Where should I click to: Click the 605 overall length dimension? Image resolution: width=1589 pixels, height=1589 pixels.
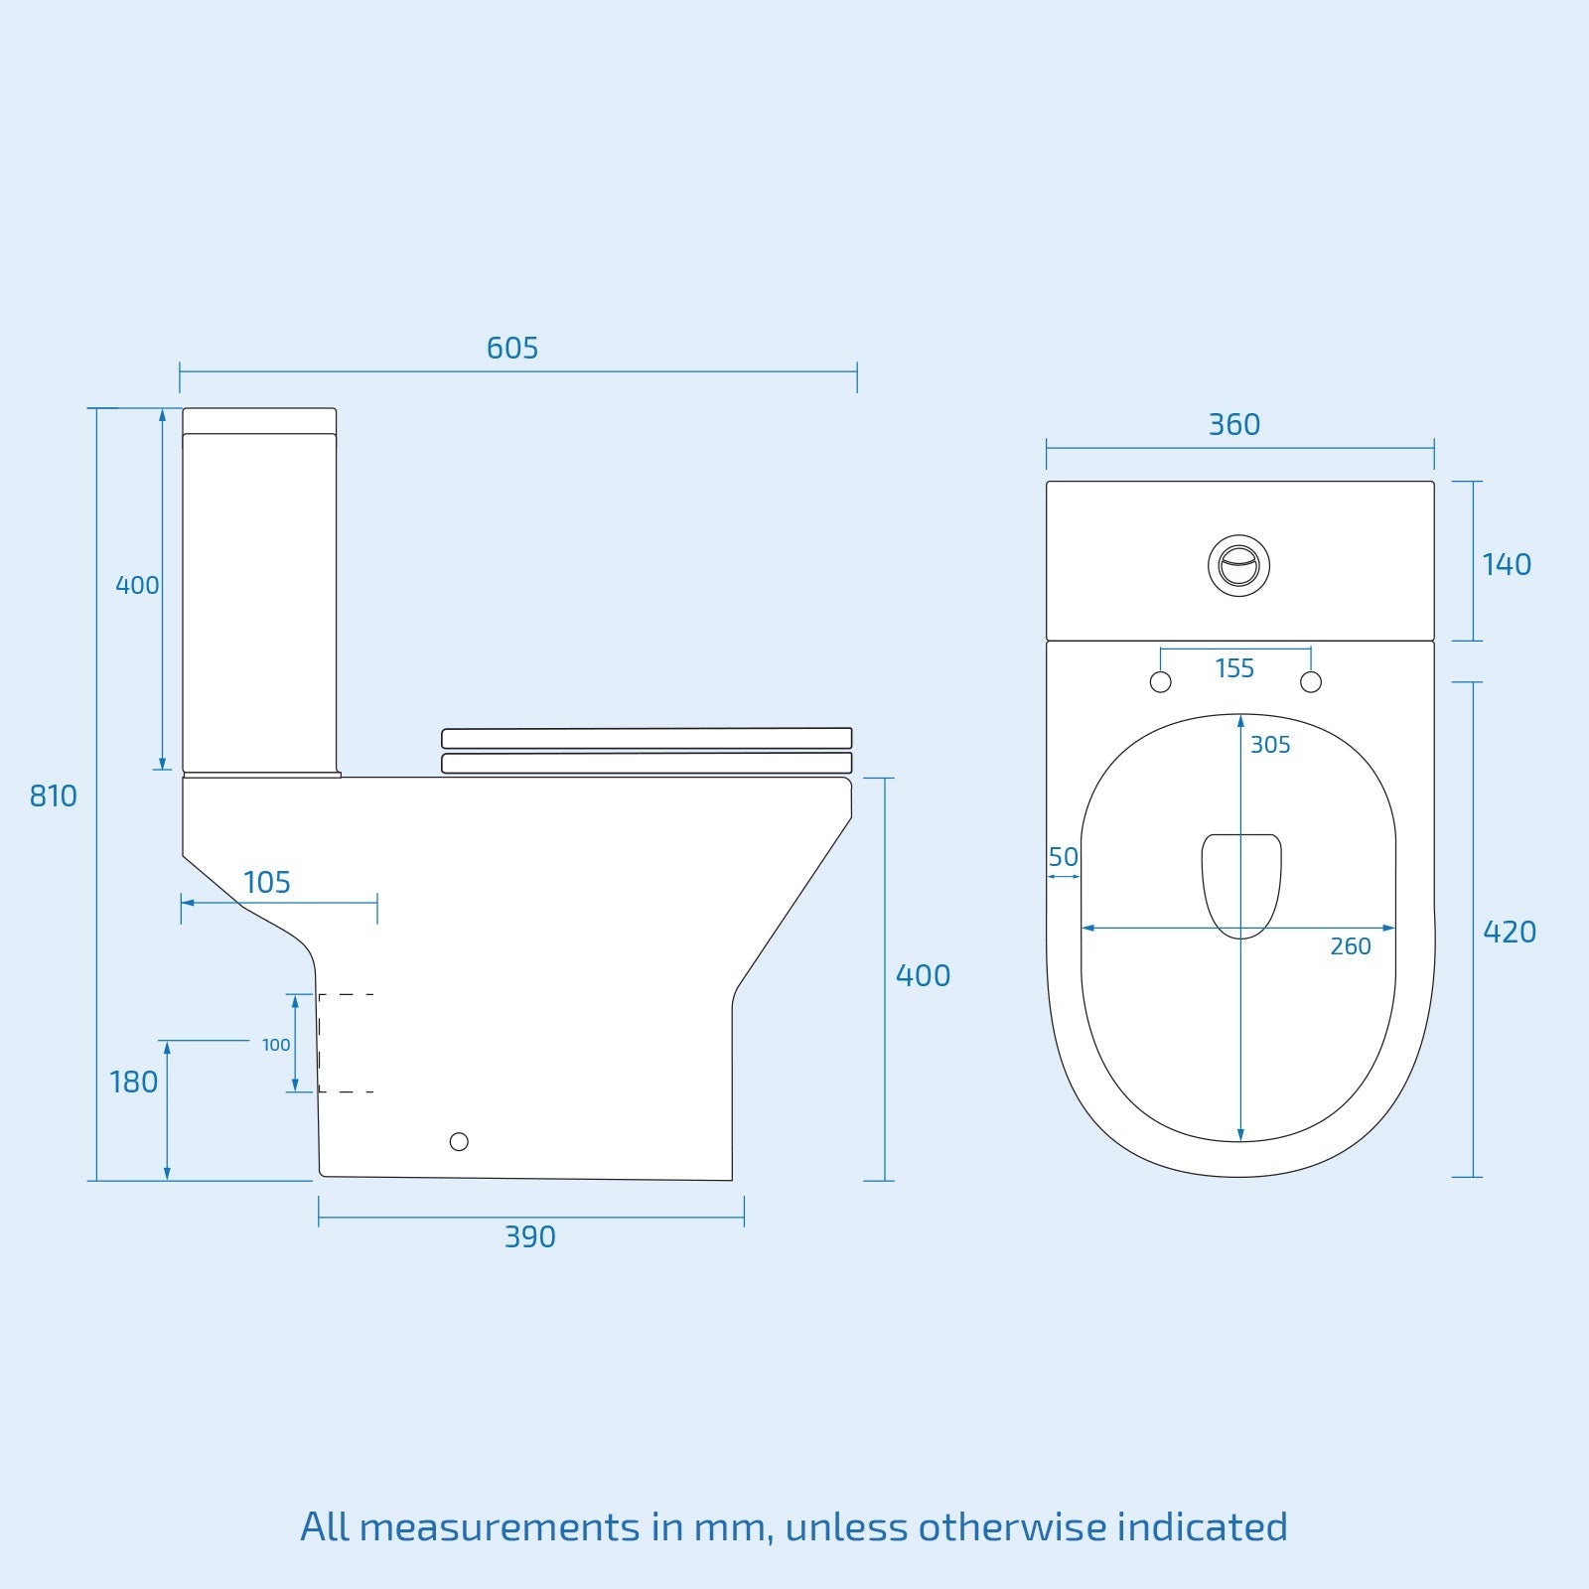click(x=511, y=349)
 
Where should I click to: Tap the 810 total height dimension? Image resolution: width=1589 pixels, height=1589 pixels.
click(x=53, y=796)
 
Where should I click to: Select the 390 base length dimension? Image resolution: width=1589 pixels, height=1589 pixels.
click(x=529, y=1237)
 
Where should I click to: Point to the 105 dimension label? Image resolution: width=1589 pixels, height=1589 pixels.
click(x=266, y=883)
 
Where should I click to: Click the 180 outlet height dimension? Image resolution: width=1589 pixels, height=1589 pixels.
click(x=133, y=1083)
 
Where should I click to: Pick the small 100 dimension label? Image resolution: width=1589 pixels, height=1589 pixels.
click(x=276, y=1045)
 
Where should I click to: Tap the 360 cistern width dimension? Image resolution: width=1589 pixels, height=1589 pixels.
click(x=1233, y=425)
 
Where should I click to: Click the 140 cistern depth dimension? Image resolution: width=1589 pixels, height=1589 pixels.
click(x=1506, y=565)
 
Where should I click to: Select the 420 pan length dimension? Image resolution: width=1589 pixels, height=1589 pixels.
click(x=1509, y=933)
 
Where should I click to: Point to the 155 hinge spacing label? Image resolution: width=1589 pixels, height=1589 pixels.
click(x=1234, y=668)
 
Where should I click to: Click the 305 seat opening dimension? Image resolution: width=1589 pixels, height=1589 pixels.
click(x=1269, y=745)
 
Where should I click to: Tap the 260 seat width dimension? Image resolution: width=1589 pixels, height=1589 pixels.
click(x=1350, y=946)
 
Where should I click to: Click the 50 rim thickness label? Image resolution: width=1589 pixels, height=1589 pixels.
click(x=1063, y=857)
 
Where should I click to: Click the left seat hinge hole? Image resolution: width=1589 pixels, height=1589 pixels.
click(x=1160, y=682)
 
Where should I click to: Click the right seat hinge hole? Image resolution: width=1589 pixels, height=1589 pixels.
click(x=1311, y=682)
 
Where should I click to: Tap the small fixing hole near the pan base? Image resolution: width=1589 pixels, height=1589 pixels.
click(x=459, y=1142)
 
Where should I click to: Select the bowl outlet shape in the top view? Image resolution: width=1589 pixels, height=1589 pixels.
click(x=1241, y=884)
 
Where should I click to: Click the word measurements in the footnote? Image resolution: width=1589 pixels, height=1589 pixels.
click(x=500, y=1526)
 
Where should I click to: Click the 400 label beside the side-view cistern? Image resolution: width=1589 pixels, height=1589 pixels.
click(x=137, y=586)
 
